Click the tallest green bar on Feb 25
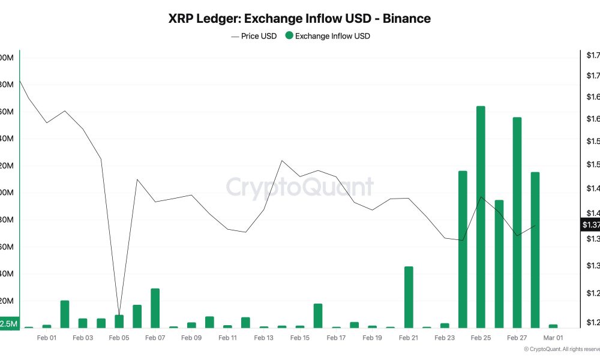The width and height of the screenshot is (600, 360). coord(481,217)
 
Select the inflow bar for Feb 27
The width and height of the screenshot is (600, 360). coord(517,222)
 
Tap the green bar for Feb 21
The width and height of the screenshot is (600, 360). coord(409,297)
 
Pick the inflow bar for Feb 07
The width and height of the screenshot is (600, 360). coord(155,308)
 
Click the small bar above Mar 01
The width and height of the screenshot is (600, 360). coord(553,326)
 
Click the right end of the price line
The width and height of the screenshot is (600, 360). coord(535,225)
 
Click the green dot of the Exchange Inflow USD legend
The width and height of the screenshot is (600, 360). coord(289,36)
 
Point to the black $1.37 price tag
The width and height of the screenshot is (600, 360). coord(590,225)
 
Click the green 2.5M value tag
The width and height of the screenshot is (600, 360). coord(9,323)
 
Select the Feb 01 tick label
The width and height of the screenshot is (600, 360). coord(46,338)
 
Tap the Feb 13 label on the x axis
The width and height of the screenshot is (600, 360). coord(263,338)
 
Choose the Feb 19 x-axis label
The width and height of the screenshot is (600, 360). coord(372,338)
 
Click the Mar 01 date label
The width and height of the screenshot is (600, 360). coord(553,338)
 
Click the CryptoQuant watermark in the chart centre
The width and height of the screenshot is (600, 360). coord(299,187)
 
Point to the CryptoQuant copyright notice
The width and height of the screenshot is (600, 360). coord(561,349)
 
